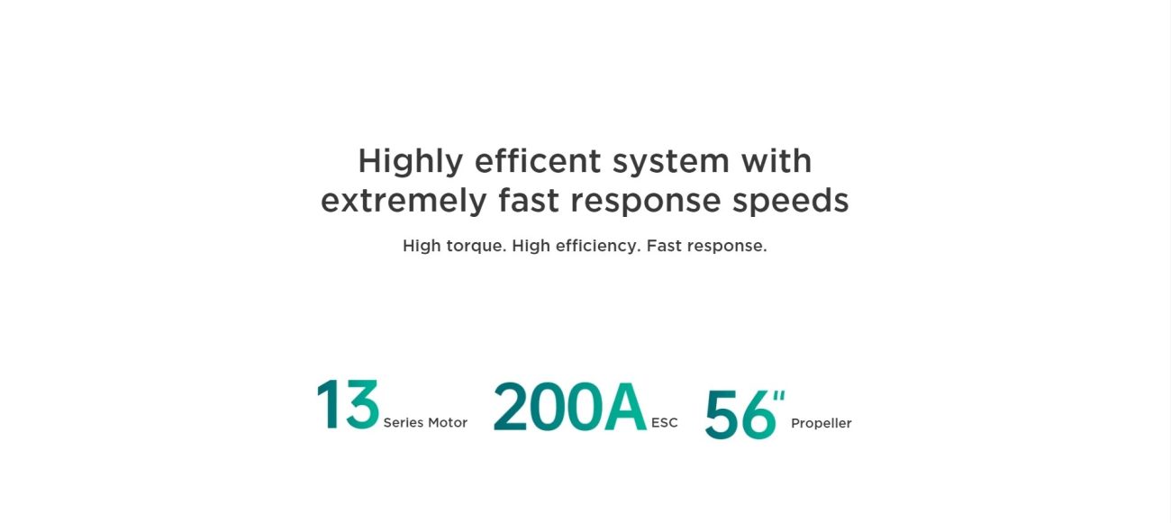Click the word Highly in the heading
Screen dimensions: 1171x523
pyautogui.click(x=411, y=162)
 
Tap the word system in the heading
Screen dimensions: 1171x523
pyautogui.click(x=671, y=163)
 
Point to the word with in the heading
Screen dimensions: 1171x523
pyautogui.click(x=776, y=160)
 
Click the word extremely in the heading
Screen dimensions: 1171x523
pyautogui.click(x=404, y=202)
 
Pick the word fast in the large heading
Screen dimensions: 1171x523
pyautogui.click(x=529, y=200)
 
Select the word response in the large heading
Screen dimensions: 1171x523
pyautogui.click(x=646, y=203)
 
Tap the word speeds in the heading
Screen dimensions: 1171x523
pyautogui.click(x=791, y=202)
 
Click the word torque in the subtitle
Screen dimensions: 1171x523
pyautogui.click(x=477, y=246)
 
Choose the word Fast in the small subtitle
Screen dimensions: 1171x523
pyautogui.click(x=664, y=246)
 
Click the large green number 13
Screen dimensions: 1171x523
pyautogui.click(x=348, y=405)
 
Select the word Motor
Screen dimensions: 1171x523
pyautogui.click(x=448, y=423)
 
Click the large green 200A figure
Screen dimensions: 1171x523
pyautogui.click(x=570, y=406)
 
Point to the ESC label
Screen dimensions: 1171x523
pyautogui.click(x=665, y=423)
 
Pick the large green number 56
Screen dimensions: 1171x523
pyautogui.click(x=740, y=415)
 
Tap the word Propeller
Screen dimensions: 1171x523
pyautogui.click(x=822, y=424)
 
